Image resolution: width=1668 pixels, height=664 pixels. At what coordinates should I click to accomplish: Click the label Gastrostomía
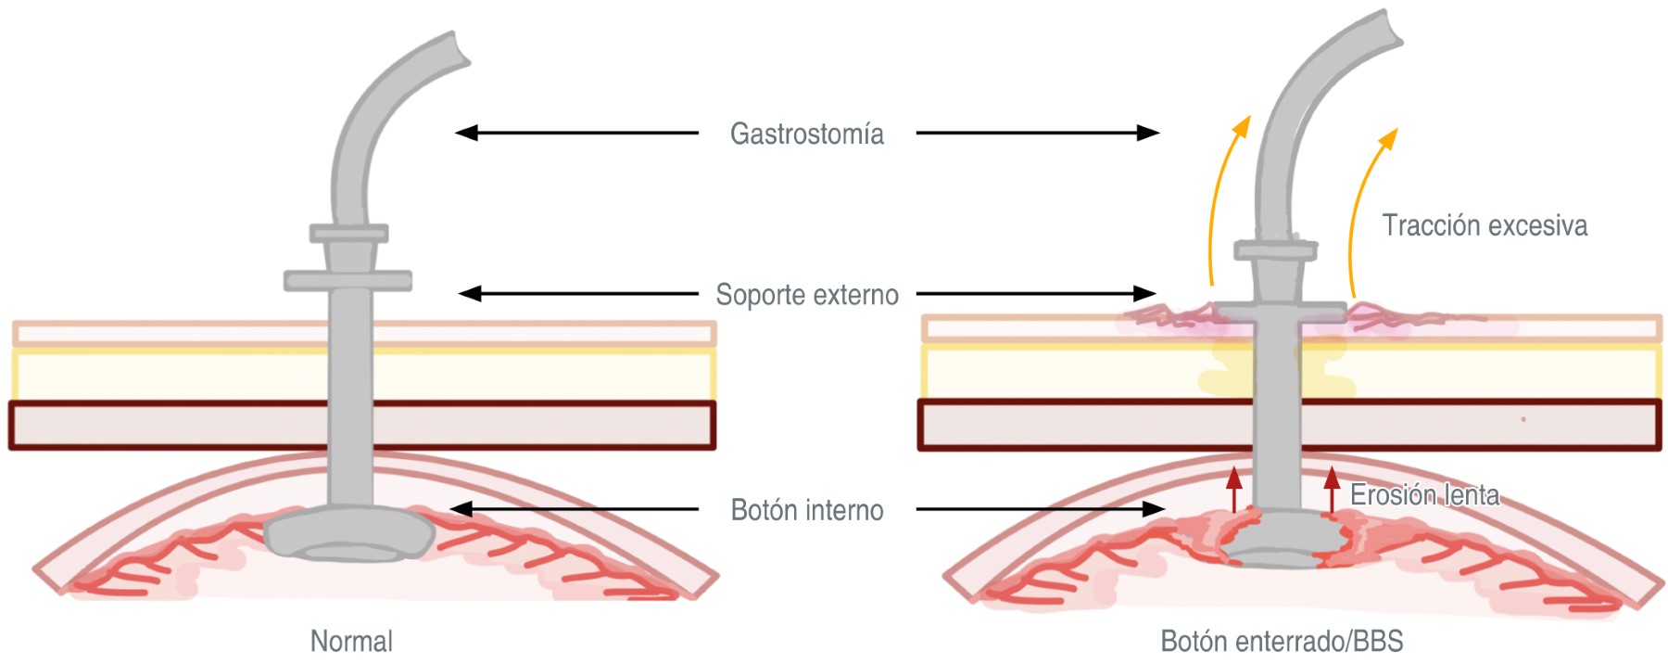[x=806, y=134]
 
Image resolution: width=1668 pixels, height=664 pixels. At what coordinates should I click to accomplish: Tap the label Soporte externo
[x=806, y=295]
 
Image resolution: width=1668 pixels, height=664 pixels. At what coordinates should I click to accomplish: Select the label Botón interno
[x=806, y=510]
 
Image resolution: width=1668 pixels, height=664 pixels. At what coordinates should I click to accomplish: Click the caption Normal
[x=351, y=641]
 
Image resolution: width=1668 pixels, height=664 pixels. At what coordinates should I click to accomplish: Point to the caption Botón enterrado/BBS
[x=1282, y=641]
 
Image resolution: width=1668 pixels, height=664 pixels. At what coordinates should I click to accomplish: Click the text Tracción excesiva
[x=1485, y=225]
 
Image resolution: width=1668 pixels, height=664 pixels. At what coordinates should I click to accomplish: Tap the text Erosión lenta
[x=1424, y=495]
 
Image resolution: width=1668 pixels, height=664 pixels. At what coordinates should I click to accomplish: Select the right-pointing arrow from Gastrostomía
[x=1038, y=133]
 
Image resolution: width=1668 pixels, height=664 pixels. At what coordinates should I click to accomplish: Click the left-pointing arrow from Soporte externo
[x=578, y=294]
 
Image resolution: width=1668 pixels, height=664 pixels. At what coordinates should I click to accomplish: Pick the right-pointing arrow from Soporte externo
[x=1036, y=294]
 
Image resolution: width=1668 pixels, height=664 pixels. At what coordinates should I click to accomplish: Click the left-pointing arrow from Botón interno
[x=575, y=509]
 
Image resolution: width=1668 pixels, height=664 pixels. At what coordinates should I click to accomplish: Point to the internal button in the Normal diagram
[x=349, y=536]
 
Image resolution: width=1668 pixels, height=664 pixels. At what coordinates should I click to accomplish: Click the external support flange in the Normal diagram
[x=347, y=279]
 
